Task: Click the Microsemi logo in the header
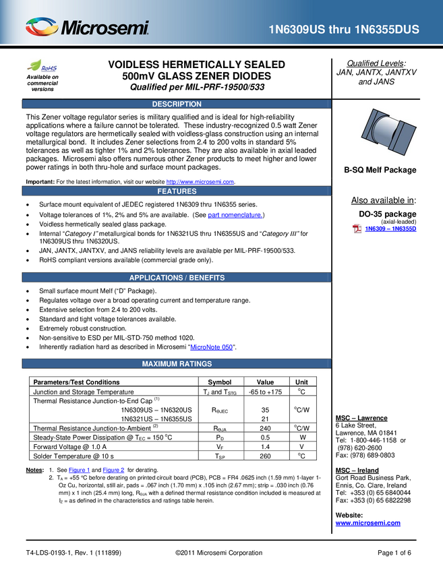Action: (88, 27)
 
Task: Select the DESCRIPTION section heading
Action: (177, 104)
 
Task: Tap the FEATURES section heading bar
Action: (177, 191)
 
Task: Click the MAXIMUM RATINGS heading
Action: (177, 364)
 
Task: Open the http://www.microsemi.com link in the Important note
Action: (200, 182)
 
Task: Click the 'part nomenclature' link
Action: (235, 215)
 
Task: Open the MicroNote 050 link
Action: (211, 347)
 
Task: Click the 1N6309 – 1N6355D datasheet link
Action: (390, 229)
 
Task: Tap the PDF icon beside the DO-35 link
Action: (357, 229)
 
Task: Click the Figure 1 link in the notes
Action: (79, 470)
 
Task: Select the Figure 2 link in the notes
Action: (113, 470)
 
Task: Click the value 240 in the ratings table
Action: (265, 428)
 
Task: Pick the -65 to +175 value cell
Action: (266, 392)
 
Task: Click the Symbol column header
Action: (220, 382)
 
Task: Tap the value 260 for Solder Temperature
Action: (265, 456)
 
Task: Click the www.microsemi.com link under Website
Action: (367, 523)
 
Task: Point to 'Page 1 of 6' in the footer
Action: (394, 553)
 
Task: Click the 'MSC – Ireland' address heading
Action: (357, 471)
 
